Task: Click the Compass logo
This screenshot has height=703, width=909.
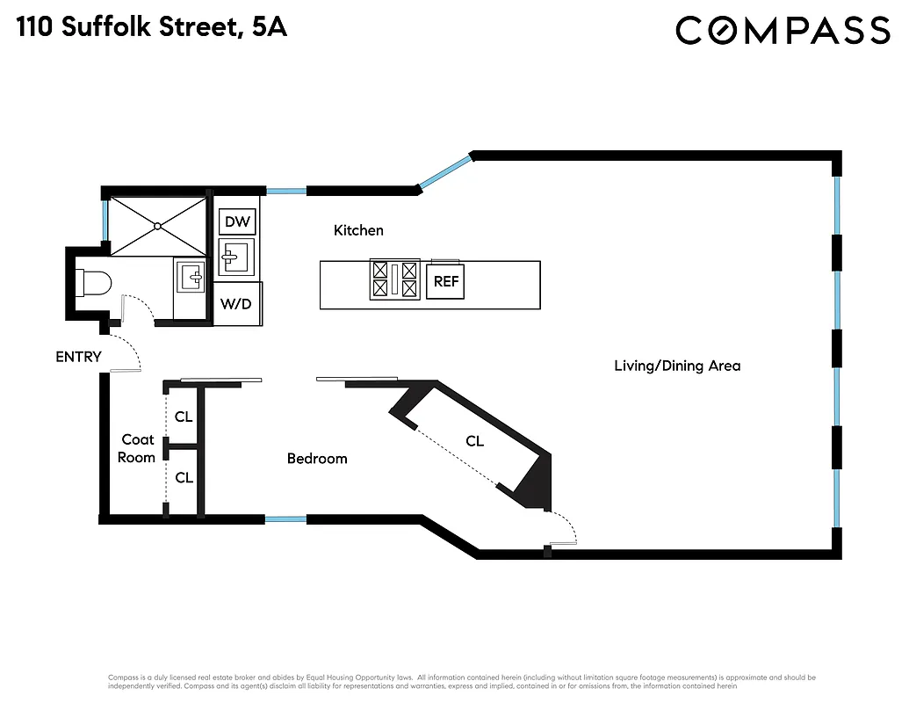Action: pos(783,31)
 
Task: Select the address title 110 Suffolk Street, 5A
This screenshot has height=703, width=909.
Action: pos(151,28)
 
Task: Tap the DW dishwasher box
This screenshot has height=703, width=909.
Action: pos(237,221)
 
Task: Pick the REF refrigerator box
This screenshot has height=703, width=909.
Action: pos(445,283)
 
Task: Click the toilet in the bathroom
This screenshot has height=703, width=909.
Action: pos(91,282)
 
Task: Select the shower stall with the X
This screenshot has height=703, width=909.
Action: pos(157,226)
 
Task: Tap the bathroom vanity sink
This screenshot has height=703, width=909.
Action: pos(190,279)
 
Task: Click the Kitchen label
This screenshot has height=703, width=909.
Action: pos(358,230)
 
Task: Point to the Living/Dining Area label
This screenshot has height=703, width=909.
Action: pos(676,366)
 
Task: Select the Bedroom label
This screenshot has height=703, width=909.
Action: pos(317,459)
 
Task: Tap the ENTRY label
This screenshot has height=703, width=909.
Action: pos(78,357)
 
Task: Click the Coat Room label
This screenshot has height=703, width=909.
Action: pos(138,448)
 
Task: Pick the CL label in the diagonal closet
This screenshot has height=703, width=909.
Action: pos(474,441)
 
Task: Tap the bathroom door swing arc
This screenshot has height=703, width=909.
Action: pos(139,308)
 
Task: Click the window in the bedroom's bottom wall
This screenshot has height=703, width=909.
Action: pos(285,519)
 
